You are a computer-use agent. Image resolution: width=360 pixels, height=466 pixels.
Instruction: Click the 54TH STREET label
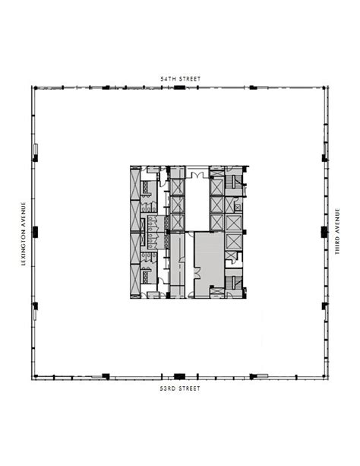pyautogui.click(x=180, y=79)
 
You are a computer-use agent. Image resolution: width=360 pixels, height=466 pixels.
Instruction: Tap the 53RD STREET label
pyautogui.click(x=180, y=388)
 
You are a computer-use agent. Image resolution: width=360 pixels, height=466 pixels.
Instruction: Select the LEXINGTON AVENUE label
pyautogui.click(x=24, y=233)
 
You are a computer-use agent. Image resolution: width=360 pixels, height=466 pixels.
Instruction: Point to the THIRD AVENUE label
pyautogui.click(x=337, y=232)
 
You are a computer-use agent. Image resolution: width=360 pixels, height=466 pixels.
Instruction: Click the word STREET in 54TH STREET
pyautogui.click(x=189, y=79)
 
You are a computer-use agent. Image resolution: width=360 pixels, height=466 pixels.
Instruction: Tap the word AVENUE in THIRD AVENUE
pyautogui.click(x=337, y=220)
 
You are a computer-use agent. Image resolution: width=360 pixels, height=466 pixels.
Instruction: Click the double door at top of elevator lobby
pyautogui.click(x=197, y=175)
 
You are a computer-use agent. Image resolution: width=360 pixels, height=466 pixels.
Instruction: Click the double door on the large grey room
pyautogui.click(x=197, y=272)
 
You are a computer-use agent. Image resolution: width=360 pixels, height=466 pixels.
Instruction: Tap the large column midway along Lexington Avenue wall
pyautogui.click(x=35, y=232)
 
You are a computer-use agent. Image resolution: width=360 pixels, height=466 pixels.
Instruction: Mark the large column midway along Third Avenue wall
pyautogui.click(x=324, y=232)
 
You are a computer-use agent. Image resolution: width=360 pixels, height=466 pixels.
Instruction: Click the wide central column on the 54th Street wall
pyautogui.click(x=179, y=87)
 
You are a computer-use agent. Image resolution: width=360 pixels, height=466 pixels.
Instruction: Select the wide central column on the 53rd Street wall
pyautogui.click(x=179, y=376)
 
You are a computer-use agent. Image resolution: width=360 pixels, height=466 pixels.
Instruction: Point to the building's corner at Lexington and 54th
pyautogui.click(x=32, y=87)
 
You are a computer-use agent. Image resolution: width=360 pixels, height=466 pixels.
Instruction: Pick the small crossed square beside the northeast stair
pyautogui.click(x=238, y=207)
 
